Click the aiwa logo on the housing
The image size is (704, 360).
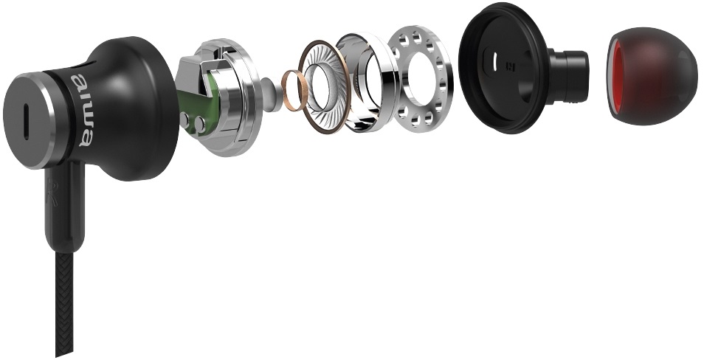(82, 110)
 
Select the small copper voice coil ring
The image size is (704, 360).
(292, 90)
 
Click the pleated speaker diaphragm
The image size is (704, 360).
(324, 86)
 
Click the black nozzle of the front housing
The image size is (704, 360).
(568, 75)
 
